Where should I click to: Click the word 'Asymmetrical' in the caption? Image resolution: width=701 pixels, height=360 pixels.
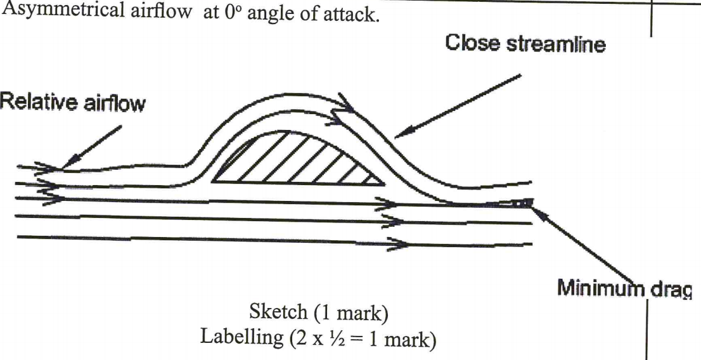coord(65,11)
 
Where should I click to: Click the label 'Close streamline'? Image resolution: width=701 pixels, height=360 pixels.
coord(525,43)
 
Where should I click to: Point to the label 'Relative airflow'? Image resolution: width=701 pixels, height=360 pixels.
coord(72,103)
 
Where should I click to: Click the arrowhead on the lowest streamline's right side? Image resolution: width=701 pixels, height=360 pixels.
coord(398,244)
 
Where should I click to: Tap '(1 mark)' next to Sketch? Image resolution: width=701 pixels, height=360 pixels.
coord(350,313)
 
